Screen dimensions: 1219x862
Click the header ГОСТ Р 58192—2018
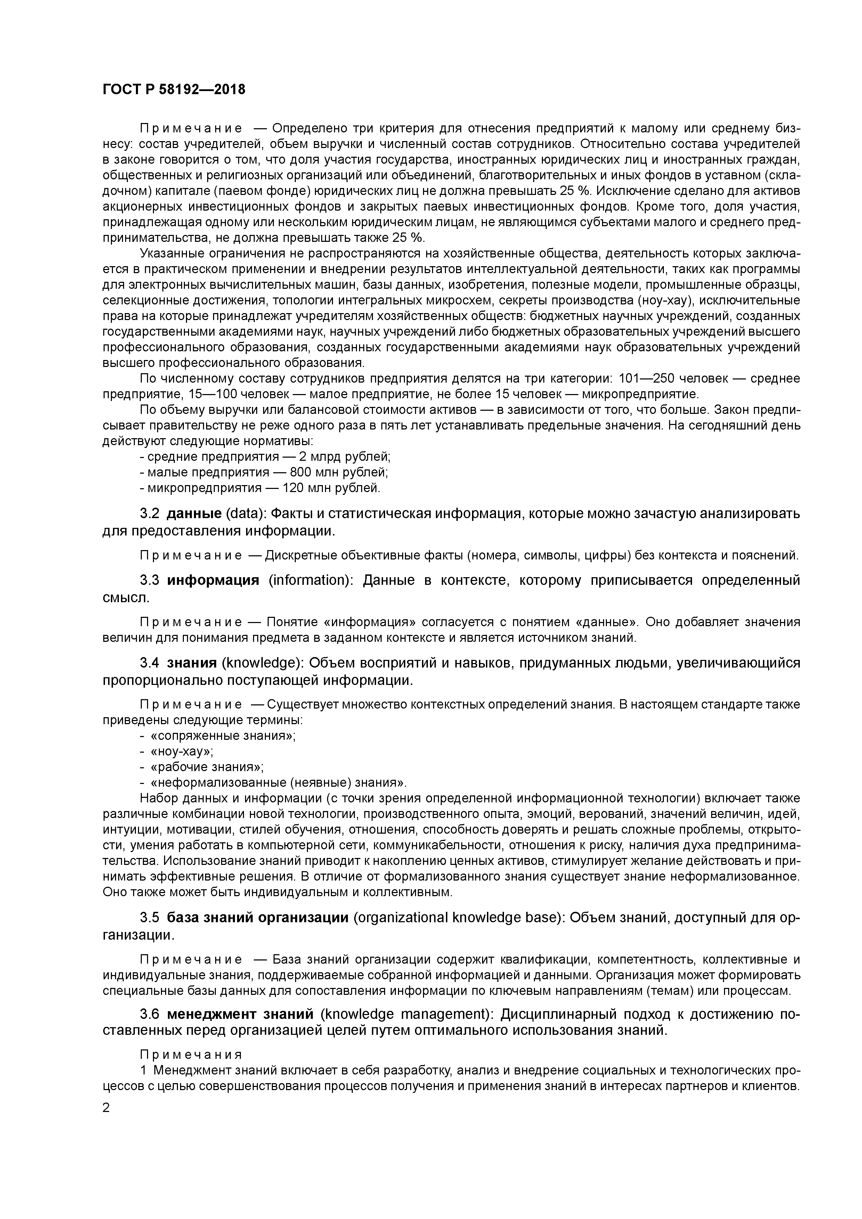[x=174, y=90]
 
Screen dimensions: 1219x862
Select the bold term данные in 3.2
[x=194, y=514]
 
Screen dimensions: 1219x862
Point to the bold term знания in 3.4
[x=192, y=663]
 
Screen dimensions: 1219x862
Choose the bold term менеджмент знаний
[x=240, y=1015]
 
